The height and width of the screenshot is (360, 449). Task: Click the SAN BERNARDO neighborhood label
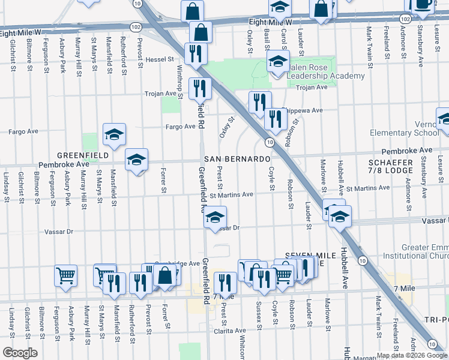237,159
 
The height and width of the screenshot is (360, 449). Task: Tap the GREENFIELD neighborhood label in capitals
83,155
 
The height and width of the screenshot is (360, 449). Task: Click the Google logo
20,353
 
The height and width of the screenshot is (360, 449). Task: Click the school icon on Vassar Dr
215,218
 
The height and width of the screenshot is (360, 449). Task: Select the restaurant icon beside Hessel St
195,54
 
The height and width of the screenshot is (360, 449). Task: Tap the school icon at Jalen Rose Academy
278,62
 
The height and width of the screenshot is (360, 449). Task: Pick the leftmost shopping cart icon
65,276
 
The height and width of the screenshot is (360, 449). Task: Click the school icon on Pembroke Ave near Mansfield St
136,160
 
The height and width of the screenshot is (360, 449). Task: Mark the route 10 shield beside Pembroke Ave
270,142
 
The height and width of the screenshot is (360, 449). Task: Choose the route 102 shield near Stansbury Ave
405,20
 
